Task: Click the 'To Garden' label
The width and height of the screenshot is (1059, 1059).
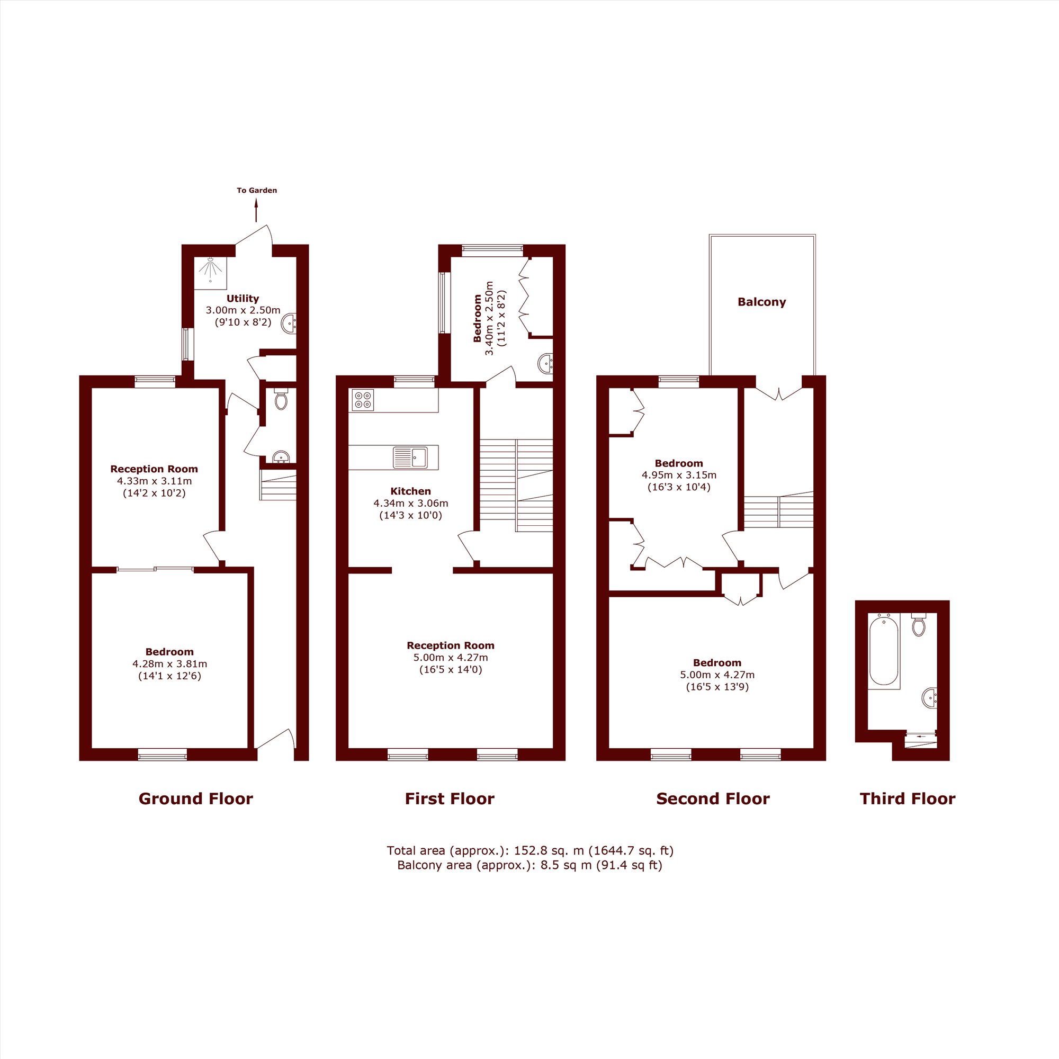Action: coord(256,191)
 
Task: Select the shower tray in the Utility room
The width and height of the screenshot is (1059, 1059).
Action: coord(211,273)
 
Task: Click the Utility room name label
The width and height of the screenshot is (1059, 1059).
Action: coord(243,298)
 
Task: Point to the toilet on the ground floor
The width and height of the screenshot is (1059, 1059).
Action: coord(281,400)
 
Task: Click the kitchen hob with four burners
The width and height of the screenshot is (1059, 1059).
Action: coord(363,400)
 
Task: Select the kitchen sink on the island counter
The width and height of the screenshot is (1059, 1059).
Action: coord(410,457)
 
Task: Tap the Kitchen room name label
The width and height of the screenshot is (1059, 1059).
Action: coord(410,491)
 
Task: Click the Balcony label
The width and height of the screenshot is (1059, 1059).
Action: coord(762,302)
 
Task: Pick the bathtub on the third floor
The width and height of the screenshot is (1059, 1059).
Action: coord(884,651)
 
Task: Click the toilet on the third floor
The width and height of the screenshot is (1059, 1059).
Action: coord(919,624)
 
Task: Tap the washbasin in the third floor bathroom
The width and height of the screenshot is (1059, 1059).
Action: coord(930,698)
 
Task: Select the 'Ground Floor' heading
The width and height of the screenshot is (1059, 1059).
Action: coord(196,798)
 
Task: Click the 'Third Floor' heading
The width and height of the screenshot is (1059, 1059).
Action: coord(908,798)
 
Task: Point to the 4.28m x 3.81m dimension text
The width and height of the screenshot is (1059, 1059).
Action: coord(170,664)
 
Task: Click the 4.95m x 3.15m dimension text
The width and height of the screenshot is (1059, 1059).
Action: coord(679,474)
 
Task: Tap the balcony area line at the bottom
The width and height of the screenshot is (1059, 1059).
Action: coord(529,866)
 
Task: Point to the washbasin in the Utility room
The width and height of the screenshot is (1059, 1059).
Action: coord(289,324)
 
